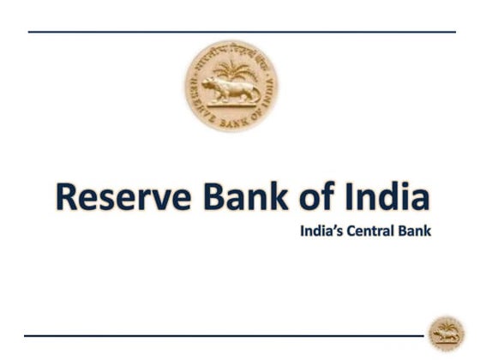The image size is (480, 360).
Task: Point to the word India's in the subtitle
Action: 321,231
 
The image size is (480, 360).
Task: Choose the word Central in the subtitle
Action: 372,231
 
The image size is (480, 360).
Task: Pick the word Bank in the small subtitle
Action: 416,231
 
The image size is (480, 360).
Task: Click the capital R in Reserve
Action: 67,197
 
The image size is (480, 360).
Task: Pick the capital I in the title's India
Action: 351,197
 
